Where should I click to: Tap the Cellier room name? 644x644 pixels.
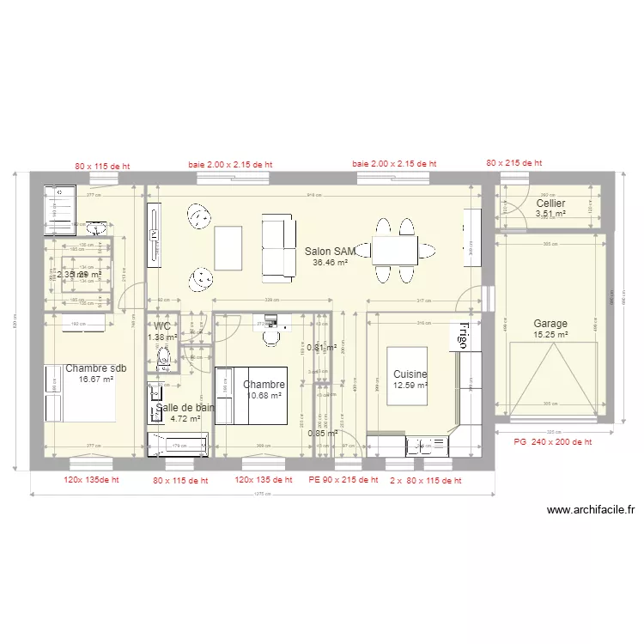click(550, 204)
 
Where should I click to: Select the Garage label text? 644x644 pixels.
click(550, 324)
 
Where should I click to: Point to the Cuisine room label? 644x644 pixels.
click(410, 374)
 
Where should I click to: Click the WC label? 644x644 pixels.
click(162, 326)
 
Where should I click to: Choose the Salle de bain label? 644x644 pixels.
click(185, 408)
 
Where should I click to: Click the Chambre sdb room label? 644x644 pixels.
click(95, 368)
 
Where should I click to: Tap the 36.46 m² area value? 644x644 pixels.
click(331, 263)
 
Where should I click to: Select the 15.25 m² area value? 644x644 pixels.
click(550, 335)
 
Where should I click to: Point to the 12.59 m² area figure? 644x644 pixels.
click(410, 386)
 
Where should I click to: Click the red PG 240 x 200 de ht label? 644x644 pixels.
click(552, 441)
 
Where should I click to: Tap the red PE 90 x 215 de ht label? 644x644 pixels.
click(343, 481)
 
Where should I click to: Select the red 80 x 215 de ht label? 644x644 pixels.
click(513, 162)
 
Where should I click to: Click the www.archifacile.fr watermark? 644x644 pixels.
click(591, 510)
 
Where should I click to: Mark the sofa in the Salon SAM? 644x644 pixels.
click(277, 246)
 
